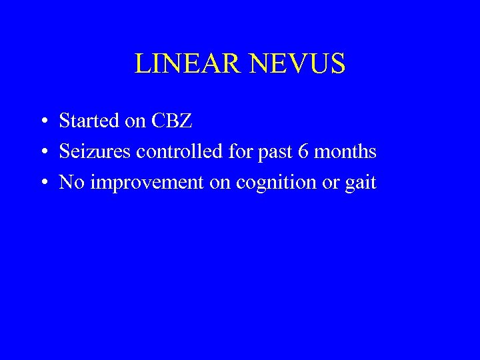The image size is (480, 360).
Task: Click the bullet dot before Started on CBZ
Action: pyautogui.click(x=42, y=121)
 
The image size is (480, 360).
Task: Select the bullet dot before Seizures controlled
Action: pyautogui.click(x=42, y=153)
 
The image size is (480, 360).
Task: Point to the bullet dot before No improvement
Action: pyautogui.click(x=42, y=183)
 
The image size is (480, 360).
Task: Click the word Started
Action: pyautogui.click(x=87, y=121)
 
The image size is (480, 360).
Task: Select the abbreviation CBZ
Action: pyautogui.click(x=172, y=121)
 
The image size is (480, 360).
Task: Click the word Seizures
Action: pyautogui.click(x=95, y=152)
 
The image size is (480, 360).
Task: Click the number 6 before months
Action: pyautogui.click(x=303, y=152)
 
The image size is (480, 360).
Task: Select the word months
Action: pyautogui.click(x=345, y=152)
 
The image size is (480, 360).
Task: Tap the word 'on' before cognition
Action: pyautogui.click(x=220, y=183)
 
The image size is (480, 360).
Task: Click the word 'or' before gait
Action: pyautogui.click(x=331, y=183)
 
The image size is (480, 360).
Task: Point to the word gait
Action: pyautogui.click(x=361, y=183)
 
